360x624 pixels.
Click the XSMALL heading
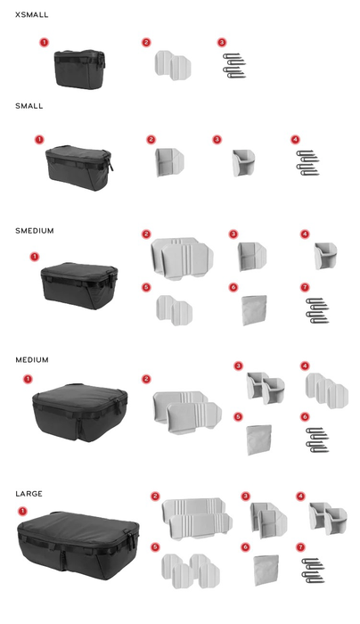[32, 15]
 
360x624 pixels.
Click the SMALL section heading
[29, 106]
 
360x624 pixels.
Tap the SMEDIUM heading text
[35, 231]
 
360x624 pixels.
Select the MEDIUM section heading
[32, 360]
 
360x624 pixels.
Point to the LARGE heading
[29, 494]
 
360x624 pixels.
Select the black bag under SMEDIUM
[79, 283]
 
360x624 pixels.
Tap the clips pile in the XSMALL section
[234, 66]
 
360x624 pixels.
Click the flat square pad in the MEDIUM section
[259, 439]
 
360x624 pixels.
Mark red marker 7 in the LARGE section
[302, 546]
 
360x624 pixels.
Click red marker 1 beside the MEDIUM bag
[28, 380]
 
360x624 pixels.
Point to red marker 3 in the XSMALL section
[222, 42]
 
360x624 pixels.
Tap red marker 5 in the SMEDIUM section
[146, 287]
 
